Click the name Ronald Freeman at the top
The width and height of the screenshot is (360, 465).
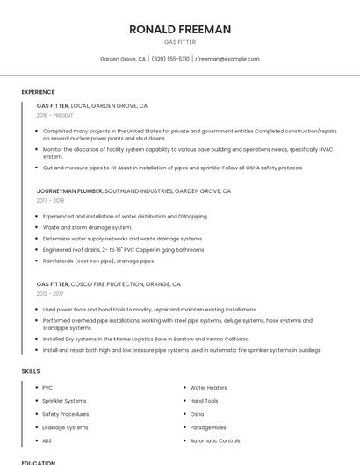[x=180, y=29]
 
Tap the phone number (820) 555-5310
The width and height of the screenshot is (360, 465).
[x=170, y=59]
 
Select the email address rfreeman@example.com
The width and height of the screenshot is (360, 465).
[x=227, y=59]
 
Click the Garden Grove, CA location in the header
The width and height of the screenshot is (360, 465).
[x=123, y=59]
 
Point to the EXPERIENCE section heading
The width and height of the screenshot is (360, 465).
[x=38, y=92]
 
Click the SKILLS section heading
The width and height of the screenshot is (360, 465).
[x=31, y=371]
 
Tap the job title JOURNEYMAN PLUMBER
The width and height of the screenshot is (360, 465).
[x=69, y=190]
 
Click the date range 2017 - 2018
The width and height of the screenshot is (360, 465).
[x=51, y=200]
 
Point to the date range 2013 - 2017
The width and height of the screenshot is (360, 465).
[x=51, y=294]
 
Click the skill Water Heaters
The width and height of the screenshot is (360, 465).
[x=208, y=387]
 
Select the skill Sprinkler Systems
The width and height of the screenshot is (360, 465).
[x=65, y=400]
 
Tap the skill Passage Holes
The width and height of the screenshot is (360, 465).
[x=208, y=427]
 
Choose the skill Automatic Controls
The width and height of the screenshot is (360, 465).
[x=215, y=440]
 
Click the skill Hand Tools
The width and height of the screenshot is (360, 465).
[x=205, y=400]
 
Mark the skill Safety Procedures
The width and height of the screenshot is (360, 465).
[x=66, y=414]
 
